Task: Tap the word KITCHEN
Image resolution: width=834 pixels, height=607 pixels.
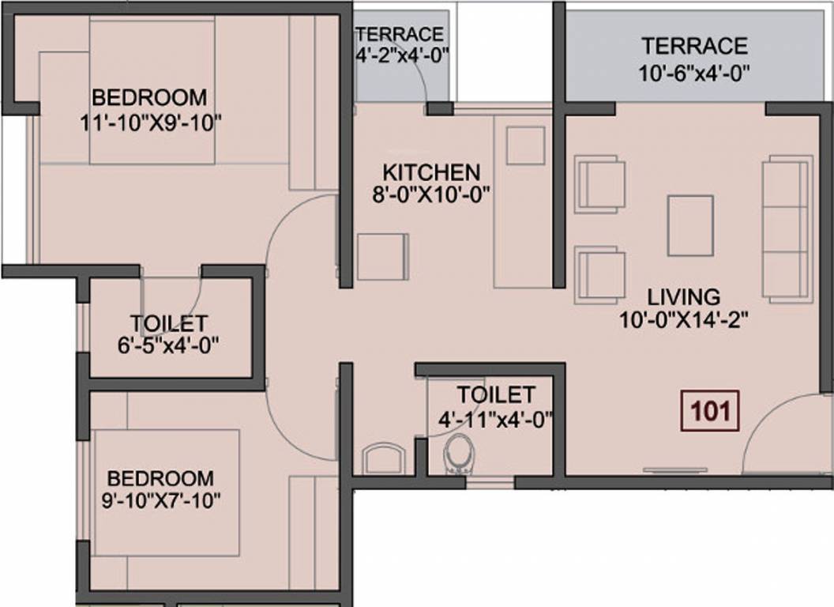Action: click(x=430, y=172)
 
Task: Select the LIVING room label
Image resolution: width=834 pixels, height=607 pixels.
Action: click(x=684, y=297)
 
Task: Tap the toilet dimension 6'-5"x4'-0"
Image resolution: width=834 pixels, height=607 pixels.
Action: click(x=169, y=345)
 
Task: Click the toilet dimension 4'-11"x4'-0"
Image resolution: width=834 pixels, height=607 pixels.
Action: click(x=495, y=417)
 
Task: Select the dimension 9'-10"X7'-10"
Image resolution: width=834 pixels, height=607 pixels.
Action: click(x=160, y=501)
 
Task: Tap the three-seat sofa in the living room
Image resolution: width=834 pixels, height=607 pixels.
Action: click(x=787, y=229)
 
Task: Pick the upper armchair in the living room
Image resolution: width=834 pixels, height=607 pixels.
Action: click(x=600, y=184)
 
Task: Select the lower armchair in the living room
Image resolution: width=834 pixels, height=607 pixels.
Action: click(x=600, y=274)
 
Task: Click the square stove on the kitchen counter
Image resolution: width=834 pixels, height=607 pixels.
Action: click(x=525, y=145)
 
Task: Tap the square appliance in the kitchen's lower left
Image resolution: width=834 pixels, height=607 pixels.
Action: click(x=383, y=257)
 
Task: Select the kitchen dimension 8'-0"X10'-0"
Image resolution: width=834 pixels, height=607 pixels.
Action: click(x=430, y=194)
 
